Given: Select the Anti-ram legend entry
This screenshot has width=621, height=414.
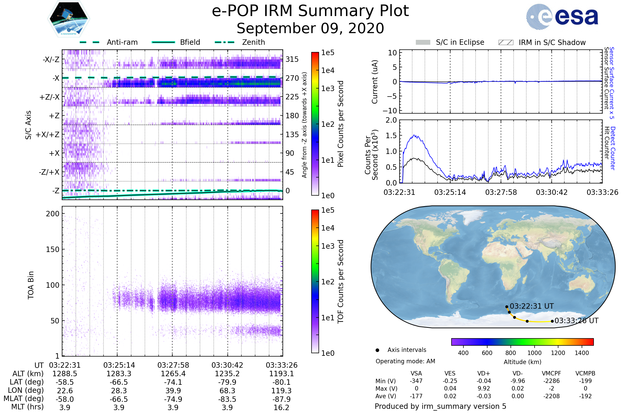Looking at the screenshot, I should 122,42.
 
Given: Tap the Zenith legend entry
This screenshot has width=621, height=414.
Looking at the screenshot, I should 253,42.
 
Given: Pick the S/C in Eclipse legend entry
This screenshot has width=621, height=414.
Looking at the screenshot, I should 460,42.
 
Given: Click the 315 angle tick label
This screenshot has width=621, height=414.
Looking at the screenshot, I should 292,59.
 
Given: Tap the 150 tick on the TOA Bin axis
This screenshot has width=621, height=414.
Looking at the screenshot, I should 53,249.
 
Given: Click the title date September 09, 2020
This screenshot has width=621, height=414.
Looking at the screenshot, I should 310,28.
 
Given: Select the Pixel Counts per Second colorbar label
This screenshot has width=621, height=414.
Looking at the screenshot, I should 341,124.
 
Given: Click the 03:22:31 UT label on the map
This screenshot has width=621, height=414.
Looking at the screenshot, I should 531,306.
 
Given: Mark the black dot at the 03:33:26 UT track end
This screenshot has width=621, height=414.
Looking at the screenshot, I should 552,321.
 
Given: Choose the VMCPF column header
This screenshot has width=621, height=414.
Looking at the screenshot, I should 551,374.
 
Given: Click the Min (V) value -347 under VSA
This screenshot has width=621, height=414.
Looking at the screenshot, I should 416,381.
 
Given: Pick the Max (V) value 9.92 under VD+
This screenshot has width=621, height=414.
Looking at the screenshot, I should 484,388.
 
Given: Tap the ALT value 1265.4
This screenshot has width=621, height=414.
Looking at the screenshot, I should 173,374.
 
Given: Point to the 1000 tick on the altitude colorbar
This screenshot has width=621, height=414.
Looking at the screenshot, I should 534,353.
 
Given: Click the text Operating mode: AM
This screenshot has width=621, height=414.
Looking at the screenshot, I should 405,361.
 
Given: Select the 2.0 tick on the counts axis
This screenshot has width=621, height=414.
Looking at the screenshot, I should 391,120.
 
